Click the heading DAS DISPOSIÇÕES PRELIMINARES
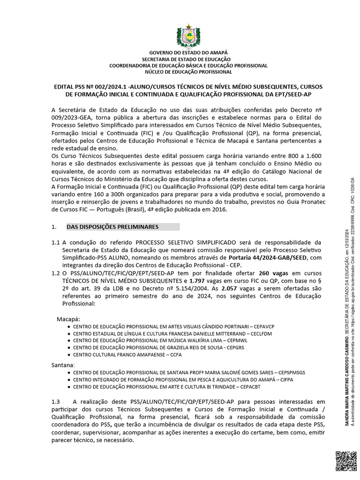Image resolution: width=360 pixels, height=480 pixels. [x=112, y=227]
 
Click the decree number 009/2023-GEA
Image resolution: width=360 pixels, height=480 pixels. [x=73, y=118]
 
